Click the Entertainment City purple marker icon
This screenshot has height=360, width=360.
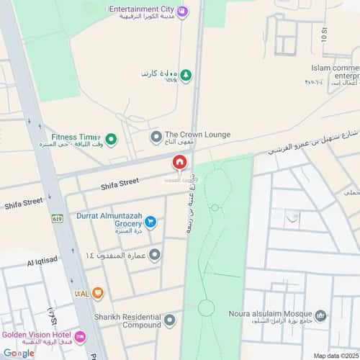click(x=182, y=10)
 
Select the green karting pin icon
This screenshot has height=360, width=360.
click(x=186, y=74)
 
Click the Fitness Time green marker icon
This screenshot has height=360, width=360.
click(x=110, y=138)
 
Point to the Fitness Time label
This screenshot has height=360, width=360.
click(x=75, y=137)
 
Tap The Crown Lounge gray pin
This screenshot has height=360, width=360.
click(x=156, y=136)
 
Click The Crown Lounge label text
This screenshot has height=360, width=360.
click(x=197, y=135)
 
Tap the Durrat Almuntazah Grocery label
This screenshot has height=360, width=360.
click(x=109, y=219)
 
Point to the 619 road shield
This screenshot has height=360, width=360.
click(x=58, y=218)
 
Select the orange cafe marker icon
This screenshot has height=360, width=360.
click(x=98, y=292)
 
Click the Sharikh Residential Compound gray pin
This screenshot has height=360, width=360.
click(x=169, y=320)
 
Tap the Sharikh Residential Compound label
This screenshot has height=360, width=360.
click(x=126, y=320)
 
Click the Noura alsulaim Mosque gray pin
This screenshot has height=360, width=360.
click(x=321, y=315)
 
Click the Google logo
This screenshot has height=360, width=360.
click(x=18, y=352)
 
